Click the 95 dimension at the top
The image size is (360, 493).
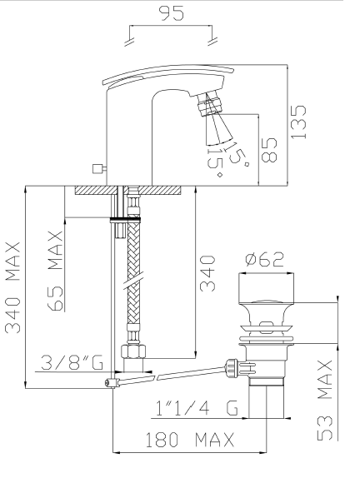tap(172, 13)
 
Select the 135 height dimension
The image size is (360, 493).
tap(298, 122)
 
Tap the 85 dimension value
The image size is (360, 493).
tap(269, 150)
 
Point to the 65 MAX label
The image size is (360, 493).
tap(55, 271)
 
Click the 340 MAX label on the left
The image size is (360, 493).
tap(12, 287)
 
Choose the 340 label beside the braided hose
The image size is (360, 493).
tap(207, 273)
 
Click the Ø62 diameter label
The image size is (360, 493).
tap(265, 259)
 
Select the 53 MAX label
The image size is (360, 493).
tap(325, 400)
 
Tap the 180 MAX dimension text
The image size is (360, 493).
tap(190, 440)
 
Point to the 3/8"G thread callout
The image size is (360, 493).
tap(72, 363)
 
